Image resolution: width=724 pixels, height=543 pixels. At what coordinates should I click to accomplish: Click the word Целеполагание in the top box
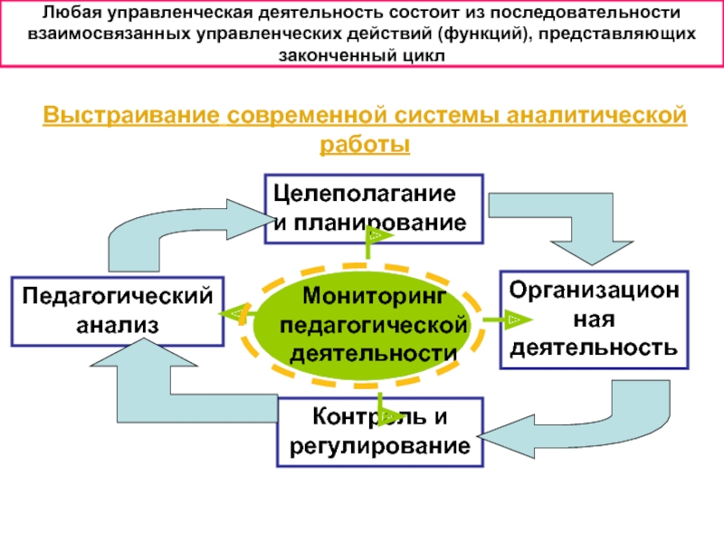[x=365, y=195]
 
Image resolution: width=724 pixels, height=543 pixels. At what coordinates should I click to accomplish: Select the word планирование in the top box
[x=380, y=223]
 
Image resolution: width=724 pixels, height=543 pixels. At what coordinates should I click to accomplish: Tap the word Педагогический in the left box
[x=118, y=297]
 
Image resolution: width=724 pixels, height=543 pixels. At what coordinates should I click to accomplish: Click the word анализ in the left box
[x=118, y=325]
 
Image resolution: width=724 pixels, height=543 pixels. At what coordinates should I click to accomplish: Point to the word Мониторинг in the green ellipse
[x=375, y=296]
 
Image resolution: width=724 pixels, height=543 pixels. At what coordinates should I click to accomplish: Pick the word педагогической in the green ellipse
[x=373, y=326]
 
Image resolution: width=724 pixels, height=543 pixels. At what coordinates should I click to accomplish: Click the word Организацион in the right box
[x=595, y=291]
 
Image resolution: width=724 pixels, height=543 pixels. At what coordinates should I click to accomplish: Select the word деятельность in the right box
[x=594, y=348]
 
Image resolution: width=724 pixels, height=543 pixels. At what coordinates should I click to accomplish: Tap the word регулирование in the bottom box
[x=380, y=446]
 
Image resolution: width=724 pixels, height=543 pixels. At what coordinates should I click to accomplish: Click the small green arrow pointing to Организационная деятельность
[x=508, y=319]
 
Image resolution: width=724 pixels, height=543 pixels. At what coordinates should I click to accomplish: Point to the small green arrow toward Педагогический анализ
[x=237, y=314]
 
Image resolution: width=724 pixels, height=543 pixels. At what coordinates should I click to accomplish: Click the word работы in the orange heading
[x=365, y=145]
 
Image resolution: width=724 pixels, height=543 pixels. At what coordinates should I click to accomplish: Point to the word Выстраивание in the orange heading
[x=131, y=115]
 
